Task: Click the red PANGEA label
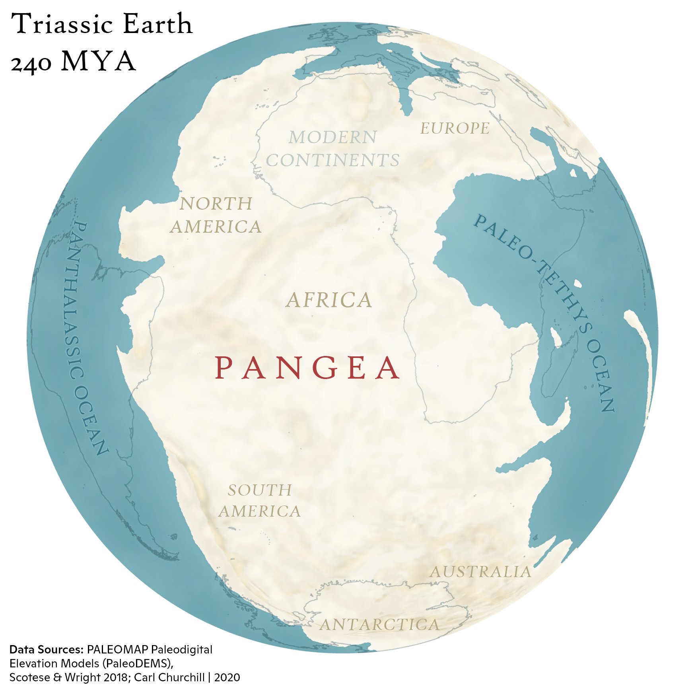pyautogui.click(x=307, y=368)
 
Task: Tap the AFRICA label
pyautogui.click(x=329, y=300)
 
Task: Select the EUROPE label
pyautogui.click(x=455, y=128)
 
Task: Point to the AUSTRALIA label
pyautogui.click(x=480, y=572)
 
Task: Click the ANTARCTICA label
pyautogui.click(x=380, y=625)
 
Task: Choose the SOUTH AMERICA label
pyautogui.click(x=260, y=501)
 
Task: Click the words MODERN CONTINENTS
pyautogui.click(x=332, y=149)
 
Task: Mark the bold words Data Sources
pyautogui.click(x=46, y=649)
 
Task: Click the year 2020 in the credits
pyautogui.click(x=227, y=677)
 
